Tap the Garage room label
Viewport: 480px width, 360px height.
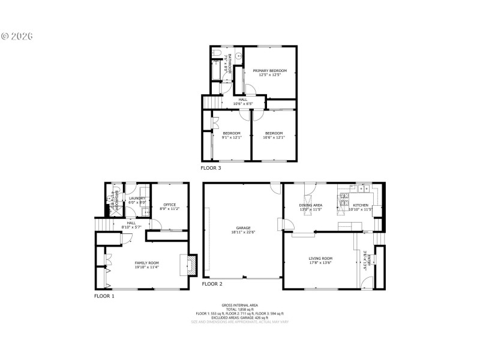point(243,229)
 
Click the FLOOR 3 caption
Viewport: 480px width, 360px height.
point(211,168)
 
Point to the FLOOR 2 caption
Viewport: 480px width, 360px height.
point(212,283)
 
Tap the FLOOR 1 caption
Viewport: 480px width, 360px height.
point(104,296)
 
